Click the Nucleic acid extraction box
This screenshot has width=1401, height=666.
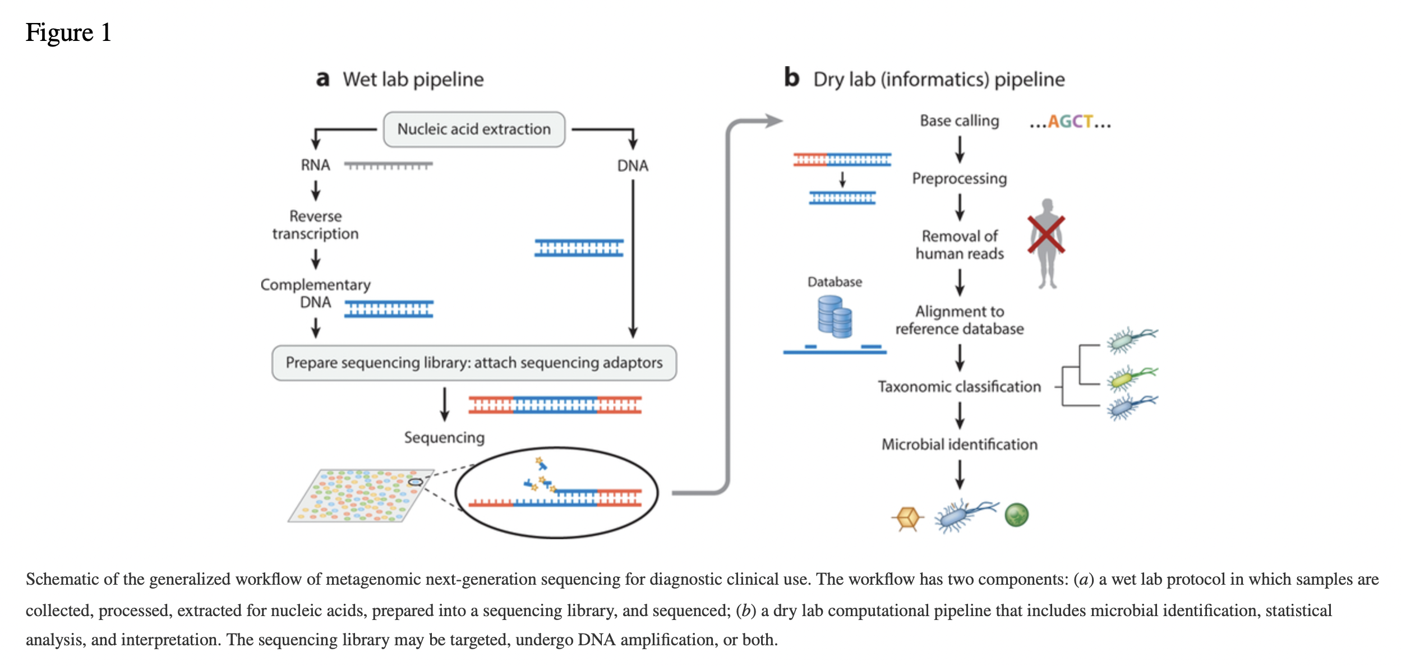click(x=474, y=129)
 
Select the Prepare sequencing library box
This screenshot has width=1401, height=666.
click(x=474, y=363)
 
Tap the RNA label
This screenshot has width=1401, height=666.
click(x=315, y=165)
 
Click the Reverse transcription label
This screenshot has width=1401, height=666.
click(x=315, y=225)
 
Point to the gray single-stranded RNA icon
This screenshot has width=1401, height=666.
click(x=388, y=165)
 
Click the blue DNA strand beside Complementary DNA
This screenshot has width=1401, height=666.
click(x=388, y=309)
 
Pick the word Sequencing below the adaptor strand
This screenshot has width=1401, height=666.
click(x=444, y=437)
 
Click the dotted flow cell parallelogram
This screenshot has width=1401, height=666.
click(x=361, y=496)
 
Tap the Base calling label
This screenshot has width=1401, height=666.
click(x=959, y=121)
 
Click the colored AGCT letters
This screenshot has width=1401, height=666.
click(x=1070, y=122)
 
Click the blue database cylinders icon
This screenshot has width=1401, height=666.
click(x=835, y=317)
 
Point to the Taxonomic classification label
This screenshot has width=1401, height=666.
click(x=959, y=387)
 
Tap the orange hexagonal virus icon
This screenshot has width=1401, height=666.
click(x=907, y=517)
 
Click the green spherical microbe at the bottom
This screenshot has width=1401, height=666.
click(x=1016, y=515)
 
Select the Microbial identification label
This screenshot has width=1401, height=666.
click(x=959, y=445)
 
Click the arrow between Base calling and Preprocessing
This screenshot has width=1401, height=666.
click(x=960, y=149)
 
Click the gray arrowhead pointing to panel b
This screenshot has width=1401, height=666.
click(x=774, y=121)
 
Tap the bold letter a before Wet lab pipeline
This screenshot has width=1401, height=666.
click(x=322, y=79)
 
